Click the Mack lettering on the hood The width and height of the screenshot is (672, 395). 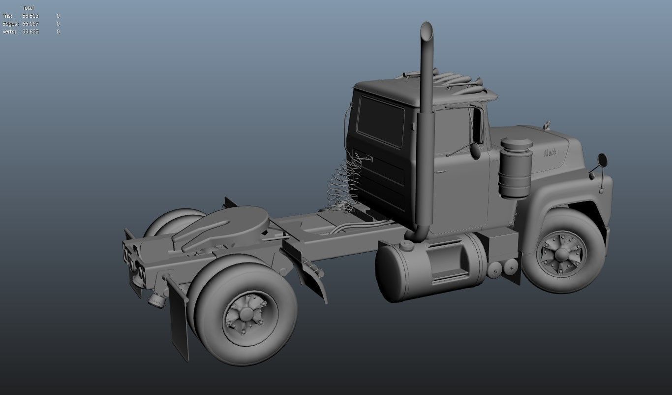[x=550, y=153]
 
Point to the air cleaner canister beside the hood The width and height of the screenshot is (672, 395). [x=516, y=167]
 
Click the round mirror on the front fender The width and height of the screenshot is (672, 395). [x=603, y=160]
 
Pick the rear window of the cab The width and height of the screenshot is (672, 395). [x=381, y=121]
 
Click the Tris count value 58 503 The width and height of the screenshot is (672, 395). [x=31, y=16]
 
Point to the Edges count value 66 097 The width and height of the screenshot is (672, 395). [x=31, y=24]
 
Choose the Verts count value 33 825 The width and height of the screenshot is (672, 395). [x=31, y=32]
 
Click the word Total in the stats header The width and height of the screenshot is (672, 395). [x=28, y=8]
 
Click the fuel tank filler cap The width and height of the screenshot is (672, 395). [x=406, y=244]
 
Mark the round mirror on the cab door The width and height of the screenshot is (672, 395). [x=475, y=150]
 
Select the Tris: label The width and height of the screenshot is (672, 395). [x=7, y=16]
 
